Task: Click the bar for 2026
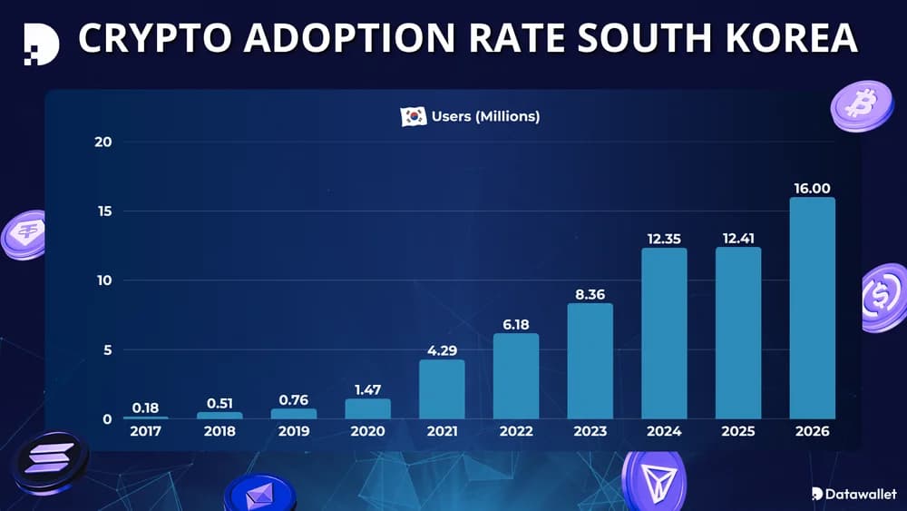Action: [x=812, y=308]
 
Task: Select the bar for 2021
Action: [x=442, y=389]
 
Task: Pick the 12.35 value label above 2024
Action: [x=664, y=239]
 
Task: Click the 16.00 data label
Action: [x=812, y=188]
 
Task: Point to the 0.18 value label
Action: [x=145, y=408]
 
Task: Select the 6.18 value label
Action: [x=516, y=324]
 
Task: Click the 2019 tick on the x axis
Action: [x=294, y=432]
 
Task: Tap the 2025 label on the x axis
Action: [x=738, y=432]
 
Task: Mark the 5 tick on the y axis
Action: [x=107, y=349]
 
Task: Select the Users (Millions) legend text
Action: [x=485, y=116]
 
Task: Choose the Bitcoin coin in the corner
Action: [x=862, y=105]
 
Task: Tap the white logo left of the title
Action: [x=41, y=42]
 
